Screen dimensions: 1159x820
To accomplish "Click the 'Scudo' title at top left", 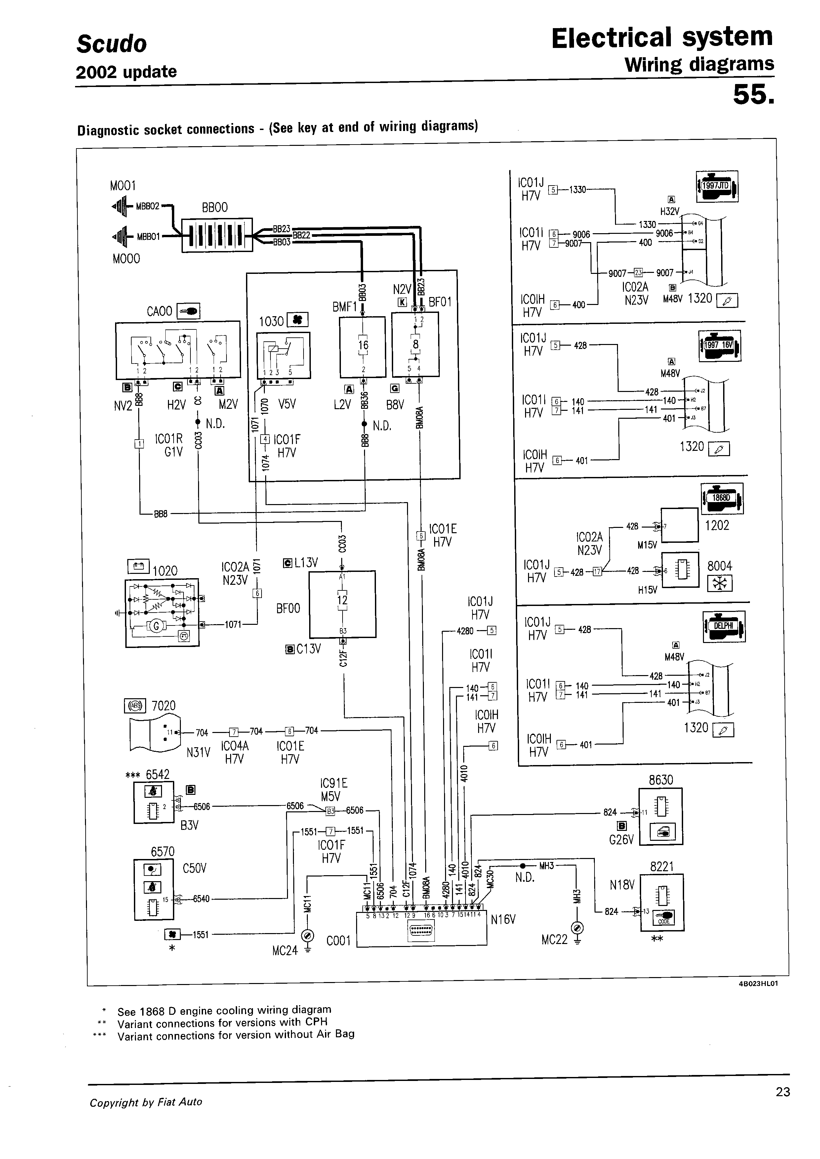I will (x=111, y=44).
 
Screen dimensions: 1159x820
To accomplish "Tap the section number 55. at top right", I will (x=752, y=95).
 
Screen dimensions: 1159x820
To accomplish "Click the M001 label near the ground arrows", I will (x=123, y=186).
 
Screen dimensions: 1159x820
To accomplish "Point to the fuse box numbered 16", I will (x=362, y=346).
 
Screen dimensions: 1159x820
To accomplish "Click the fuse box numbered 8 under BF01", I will (x=415, y=344).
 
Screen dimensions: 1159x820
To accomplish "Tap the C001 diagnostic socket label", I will (x=338, y=941).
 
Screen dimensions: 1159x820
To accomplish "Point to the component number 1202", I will (x=717, y=525).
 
